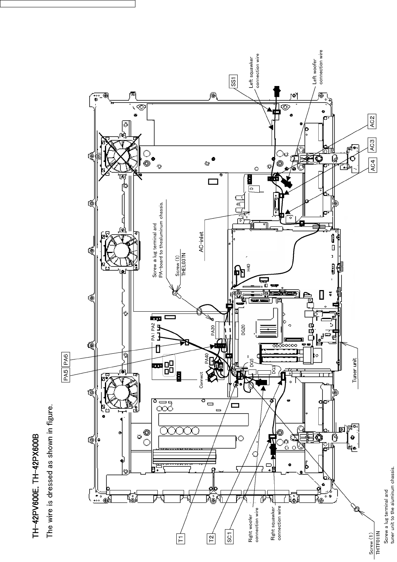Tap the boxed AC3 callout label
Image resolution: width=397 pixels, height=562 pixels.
coord(372,145)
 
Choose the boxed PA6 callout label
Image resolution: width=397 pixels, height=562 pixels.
coord(66,359)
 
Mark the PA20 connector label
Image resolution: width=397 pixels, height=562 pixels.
coord(212,330)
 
